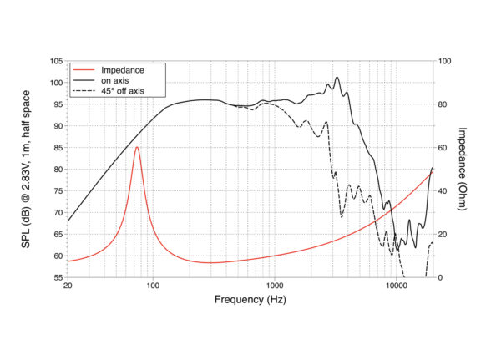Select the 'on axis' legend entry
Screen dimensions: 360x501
(x=113, y=79)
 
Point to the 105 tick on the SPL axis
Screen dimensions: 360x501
(x=56, y=61)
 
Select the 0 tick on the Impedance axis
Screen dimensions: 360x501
(x=442, y=277)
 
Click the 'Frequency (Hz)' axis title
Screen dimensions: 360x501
(x=250, y=300)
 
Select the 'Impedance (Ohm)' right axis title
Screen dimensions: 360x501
(x=463, y=170)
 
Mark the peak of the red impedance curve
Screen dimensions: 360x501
(x=137, y=147)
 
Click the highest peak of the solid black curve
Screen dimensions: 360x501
(x=337, y=78)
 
